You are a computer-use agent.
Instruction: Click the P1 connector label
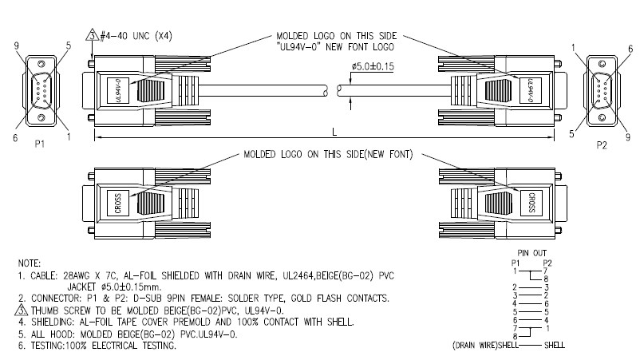coord(40,147)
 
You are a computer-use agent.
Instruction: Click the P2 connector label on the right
coord(603,147)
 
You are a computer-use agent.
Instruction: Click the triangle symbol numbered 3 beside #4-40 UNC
coord(92,36)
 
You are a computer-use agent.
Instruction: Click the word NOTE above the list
coord(29,261)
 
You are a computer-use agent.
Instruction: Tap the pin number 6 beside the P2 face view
coord(630,48)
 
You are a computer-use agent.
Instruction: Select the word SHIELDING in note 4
coord(52,322)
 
